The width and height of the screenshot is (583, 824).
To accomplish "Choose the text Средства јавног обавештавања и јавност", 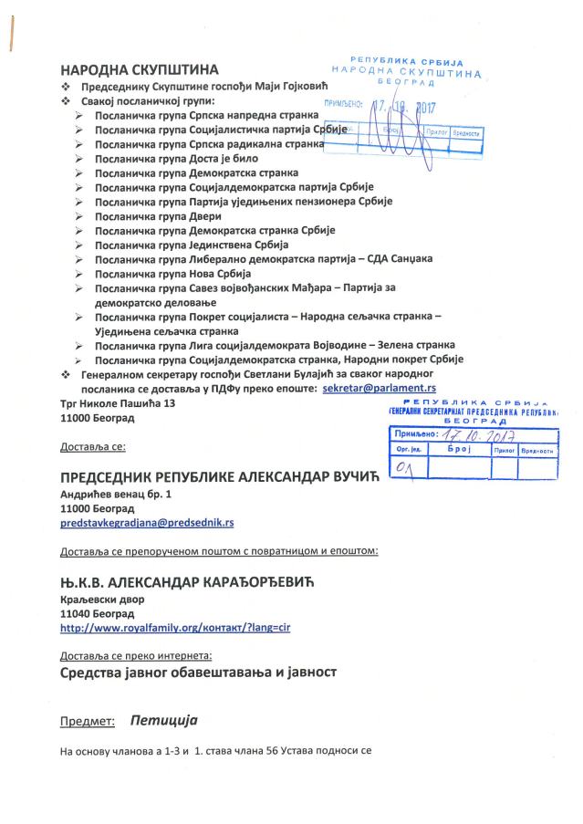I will coord(199,672).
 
